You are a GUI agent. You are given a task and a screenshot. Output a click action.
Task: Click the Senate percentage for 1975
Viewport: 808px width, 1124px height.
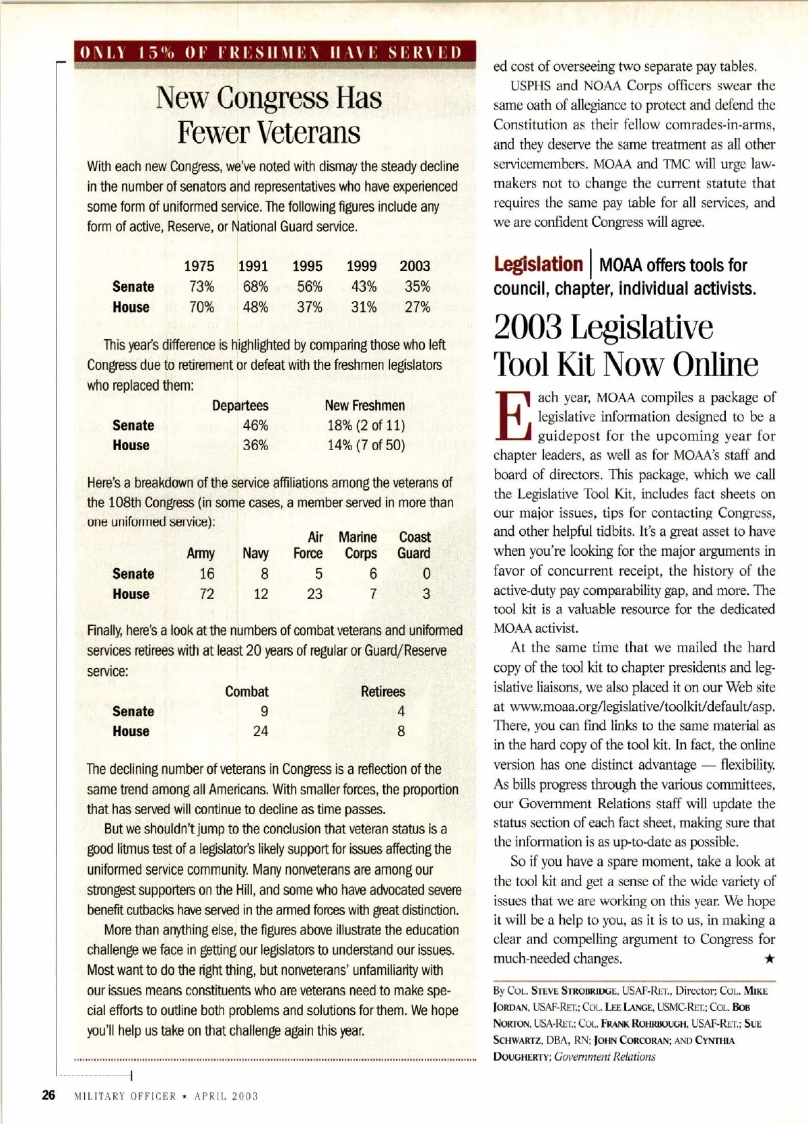(201, 286)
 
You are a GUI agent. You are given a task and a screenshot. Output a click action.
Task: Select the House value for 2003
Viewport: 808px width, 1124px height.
(417, 307)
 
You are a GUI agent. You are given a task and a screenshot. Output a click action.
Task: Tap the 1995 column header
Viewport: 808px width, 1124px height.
(307, 266)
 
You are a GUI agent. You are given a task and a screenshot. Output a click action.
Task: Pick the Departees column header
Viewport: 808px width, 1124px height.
(240, 406)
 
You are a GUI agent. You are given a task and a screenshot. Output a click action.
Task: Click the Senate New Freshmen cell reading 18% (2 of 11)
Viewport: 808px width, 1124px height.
(366, 425)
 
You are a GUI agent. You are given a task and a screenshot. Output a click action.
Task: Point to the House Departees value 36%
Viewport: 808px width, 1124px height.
(255, 445)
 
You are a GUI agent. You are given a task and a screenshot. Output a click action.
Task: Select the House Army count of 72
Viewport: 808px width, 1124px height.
(207, 594)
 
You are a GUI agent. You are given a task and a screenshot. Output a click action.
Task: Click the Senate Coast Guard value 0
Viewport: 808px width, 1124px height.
(426, 574)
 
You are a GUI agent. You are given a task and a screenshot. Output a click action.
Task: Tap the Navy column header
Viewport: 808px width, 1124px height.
(255, 553)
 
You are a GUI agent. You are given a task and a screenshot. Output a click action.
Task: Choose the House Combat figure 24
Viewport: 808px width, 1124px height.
(261, 731)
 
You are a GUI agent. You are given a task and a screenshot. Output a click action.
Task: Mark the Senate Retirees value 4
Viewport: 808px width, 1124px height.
(401, 711)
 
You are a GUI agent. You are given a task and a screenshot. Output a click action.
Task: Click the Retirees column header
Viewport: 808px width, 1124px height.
(382, 691)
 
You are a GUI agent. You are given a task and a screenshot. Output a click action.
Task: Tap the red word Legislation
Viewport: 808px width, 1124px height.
(537, 264)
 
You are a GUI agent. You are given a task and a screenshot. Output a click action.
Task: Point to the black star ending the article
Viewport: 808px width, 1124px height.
(769, 958)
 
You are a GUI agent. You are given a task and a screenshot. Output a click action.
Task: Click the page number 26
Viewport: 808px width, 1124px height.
(48, 1095)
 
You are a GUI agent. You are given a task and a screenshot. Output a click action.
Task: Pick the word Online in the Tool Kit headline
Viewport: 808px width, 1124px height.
(715, 365)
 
